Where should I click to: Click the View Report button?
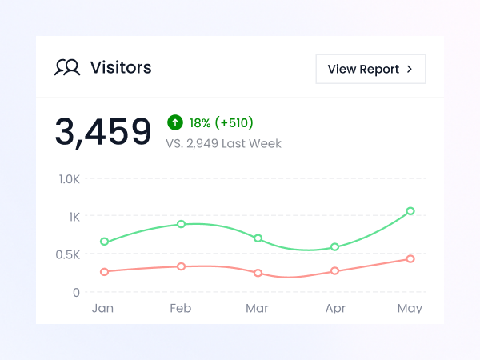click(x=370, y=69)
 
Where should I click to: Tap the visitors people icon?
click(x=67, y=68)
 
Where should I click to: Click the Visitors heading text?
click(x=121, y=68)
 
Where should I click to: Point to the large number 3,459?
click(x=103, y=132)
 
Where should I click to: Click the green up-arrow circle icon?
click(x=175, y=122)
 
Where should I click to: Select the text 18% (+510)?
click(x=221, y=123)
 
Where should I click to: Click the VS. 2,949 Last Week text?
click(x=223, y=144)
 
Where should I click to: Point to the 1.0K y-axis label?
click(x=70, y=178)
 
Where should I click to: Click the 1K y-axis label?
click(x=74, y=217)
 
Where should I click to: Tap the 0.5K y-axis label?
click(x=70, y=254)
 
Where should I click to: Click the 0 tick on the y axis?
click(x=76, y=292)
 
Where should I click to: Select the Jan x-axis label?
click(x=102, y=308)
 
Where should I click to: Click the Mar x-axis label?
click(x=257, y=308)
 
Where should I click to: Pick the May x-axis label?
click(x=410, y=308)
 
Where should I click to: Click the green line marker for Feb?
click(x=182, y=224)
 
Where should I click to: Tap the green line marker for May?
click(x=410, y=211)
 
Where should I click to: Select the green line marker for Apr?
click(x=334, y=247)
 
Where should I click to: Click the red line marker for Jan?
click(x=104, y=272)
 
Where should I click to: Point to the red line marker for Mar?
click(x=258, y=273)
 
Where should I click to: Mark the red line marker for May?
click(x=410, y=259)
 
